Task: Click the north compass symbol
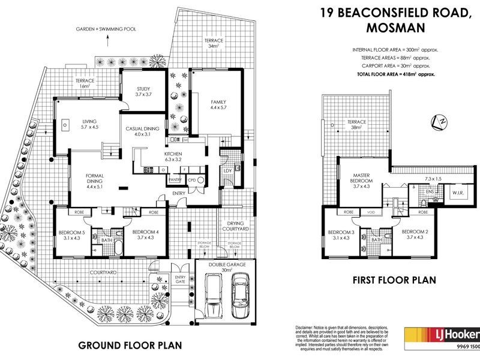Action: (x=440, y=122)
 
